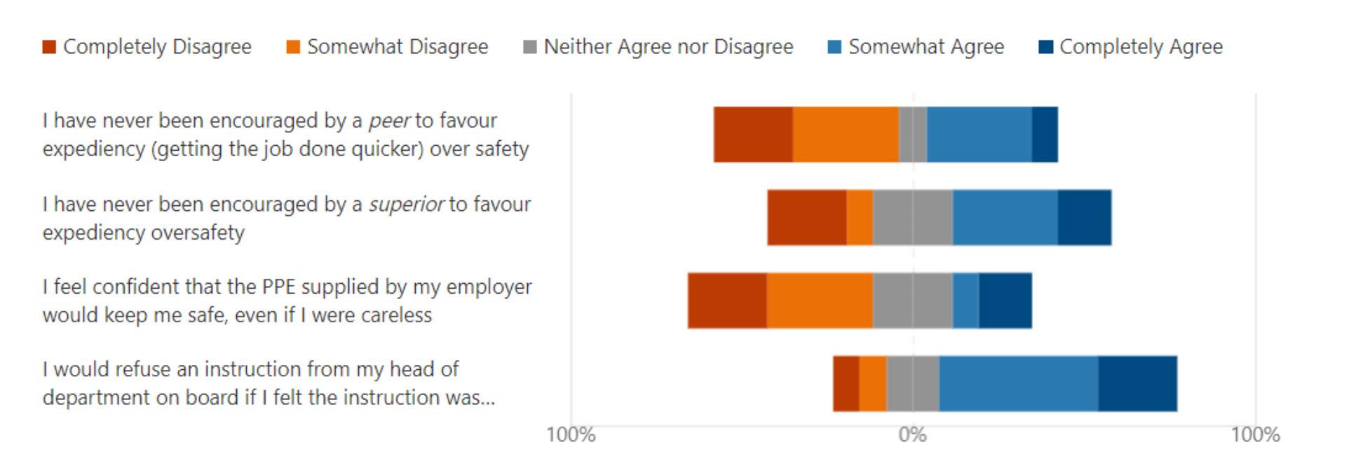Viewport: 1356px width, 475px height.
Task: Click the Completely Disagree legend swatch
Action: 48,47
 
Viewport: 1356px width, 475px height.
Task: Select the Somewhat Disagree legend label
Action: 398,47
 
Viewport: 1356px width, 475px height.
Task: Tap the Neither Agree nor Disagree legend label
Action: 668,47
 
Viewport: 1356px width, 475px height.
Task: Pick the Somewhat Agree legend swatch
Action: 834,47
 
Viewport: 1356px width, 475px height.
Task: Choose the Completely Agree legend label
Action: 1141,47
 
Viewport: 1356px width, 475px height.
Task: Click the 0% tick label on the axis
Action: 913,434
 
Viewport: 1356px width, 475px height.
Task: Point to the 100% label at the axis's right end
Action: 1255,434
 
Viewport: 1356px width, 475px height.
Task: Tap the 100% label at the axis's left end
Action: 571,434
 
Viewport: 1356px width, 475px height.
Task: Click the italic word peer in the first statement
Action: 389,121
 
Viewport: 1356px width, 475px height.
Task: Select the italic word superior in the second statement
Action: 407,205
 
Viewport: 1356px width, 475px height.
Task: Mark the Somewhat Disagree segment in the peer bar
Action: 846,135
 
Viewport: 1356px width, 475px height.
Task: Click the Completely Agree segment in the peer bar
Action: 1045,135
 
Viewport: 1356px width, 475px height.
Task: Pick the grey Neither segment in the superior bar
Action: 913,217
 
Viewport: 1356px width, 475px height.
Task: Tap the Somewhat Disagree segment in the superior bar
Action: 860,217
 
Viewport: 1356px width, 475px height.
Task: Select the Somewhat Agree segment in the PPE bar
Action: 965,301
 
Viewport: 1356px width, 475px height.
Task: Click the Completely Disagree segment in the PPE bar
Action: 727,301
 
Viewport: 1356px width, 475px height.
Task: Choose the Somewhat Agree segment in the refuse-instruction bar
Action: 1019,384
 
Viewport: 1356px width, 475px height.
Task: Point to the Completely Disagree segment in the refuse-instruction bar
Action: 846,384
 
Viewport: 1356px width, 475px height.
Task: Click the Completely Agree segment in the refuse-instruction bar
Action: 1138,384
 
